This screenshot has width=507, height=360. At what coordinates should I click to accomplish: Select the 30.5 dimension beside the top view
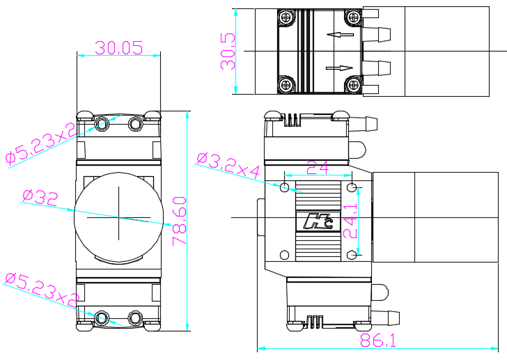(x=228, y=52)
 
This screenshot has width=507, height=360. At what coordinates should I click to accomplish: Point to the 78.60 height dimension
(x=179, y=220)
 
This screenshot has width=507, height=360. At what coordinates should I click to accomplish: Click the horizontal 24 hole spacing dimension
(x=317, y=167)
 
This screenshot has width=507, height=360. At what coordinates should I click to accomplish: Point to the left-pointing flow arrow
(x=339, y=34)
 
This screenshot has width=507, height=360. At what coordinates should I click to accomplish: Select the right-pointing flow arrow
(x=339, y=68)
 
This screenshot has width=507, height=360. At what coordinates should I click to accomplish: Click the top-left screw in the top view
(x=286, y=18)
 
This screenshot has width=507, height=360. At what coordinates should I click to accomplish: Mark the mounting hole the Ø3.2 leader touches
(x=284, y=187)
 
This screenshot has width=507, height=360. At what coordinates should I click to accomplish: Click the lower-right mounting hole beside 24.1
(x=352, y=255)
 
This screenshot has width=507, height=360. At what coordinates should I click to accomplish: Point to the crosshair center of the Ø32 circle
(x=118, y=217)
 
